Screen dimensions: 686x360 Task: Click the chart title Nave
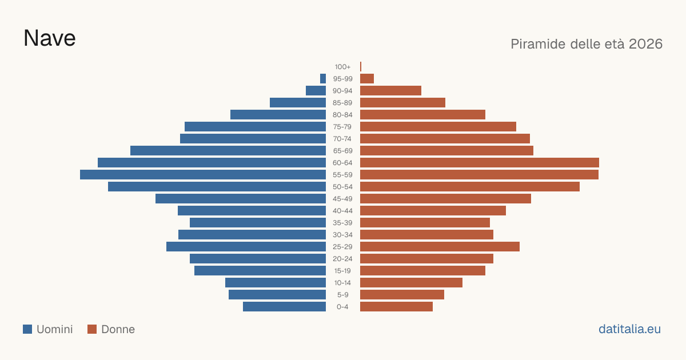click(50, 38)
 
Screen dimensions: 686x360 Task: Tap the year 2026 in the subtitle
click(645, 44)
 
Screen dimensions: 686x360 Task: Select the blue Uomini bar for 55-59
click(203, 174)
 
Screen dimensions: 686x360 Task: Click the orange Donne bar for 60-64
click(480, 162)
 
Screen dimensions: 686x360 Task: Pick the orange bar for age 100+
click(361, 66)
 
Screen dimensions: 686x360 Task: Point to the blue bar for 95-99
click(323, 78)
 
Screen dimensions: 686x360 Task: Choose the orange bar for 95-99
click(367, 78)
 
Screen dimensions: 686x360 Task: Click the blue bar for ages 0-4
click(284, 306)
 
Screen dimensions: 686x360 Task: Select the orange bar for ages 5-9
click(402, 294)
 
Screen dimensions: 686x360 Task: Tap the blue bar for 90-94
click(316, 91)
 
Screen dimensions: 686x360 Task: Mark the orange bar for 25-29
click(440, 246)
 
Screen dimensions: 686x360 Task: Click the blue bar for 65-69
click(228, 151)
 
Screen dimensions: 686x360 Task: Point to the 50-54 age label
click(342, 187)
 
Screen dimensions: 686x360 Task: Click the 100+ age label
click(342, 67)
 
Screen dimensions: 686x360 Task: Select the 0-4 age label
click(342, 307)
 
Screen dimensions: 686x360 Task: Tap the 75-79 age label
click(342, 127)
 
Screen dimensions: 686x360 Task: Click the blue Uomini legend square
click(27, 329)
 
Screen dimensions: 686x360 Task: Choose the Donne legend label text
click(118, 329)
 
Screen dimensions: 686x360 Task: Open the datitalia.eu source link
click(629, 329)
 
